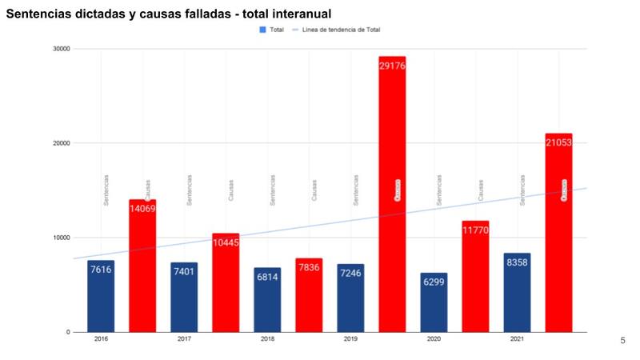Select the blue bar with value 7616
(x=101, y=296)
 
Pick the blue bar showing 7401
(x=184, y=297)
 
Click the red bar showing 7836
(x=309, y=295)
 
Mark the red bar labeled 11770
(x=475, y=276)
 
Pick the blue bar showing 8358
(x=517, y=292)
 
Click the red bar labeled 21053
(x=558, y=233)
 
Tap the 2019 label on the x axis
(x=350, y=340)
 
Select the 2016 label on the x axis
(x=101, y=340)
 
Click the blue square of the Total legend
(x=262, y=30)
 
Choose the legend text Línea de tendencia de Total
(x=341, y=30)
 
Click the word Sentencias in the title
(x=40, y=14)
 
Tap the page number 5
(x=623, y=341)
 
